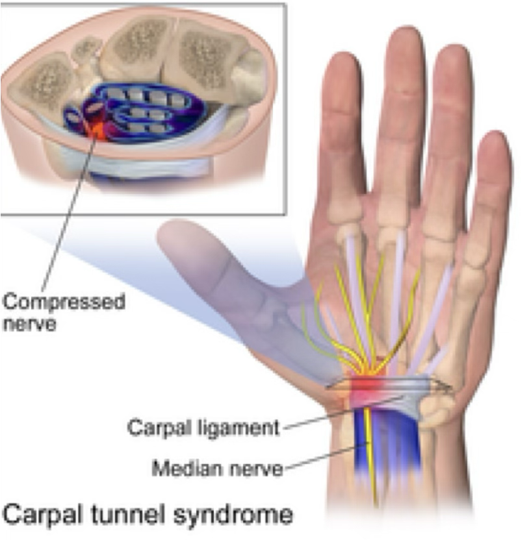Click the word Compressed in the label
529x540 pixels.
tap(63, 302)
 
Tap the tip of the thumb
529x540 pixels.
tap(170, 231)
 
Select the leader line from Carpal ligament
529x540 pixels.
tap(325, 419)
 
